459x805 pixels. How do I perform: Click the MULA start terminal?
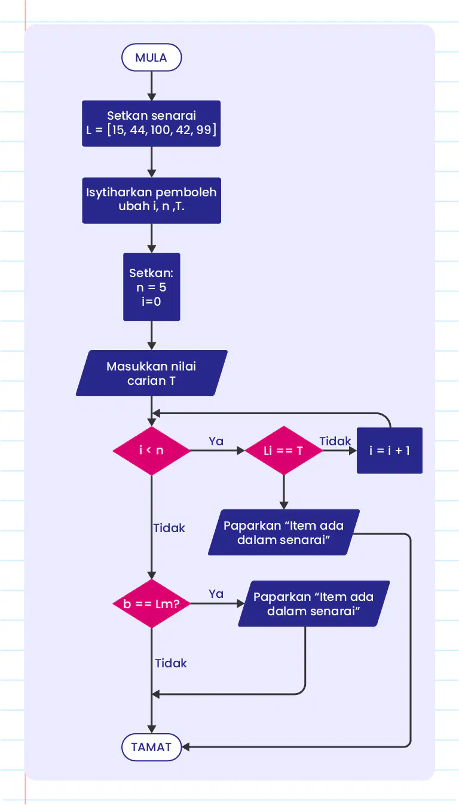tap(151, 57)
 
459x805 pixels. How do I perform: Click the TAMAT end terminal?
tap(151, 747)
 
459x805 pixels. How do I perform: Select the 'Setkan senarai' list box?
tap(151, 123)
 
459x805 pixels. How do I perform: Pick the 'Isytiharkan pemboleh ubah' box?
tap(151, 201)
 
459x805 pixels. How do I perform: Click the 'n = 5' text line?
tap(151, 287)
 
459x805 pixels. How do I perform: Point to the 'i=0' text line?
tap(151, 301)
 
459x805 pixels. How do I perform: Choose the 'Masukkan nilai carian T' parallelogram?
tap(151, 373)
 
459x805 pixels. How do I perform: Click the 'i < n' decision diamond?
tap(151, 450)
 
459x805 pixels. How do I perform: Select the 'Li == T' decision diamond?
tap(283, 450)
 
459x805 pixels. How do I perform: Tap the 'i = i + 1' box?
tap(390, 450)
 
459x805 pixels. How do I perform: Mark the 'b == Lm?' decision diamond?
tap(151, 604)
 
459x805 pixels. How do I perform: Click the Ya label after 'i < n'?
tap(216, 441)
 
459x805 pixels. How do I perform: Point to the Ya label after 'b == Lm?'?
tap(216, 594)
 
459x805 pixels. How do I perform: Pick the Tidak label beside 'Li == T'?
tap(335, 441)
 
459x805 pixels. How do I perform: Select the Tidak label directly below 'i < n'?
tap(169, 528)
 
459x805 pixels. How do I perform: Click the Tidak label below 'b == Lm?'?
tap(171, 663)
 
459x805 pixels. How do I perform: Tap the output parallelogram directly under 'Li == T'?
tap(283, 532)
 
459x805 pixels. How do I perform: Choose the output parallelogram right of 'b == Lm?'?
tap(314, 603)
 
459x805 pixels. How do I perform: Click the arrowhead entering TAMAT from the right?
tap(185, 747)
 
